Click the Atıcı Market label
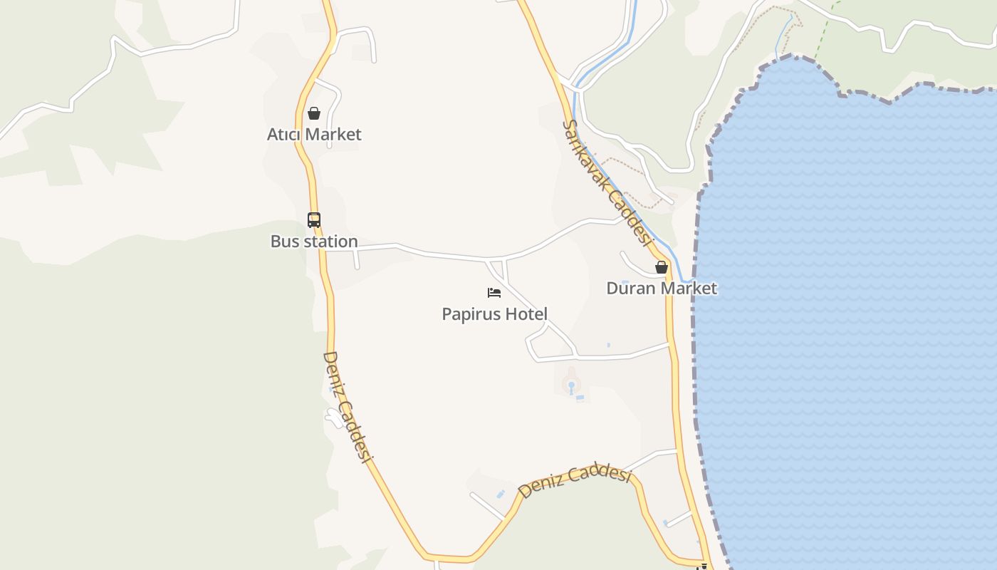(314, 135)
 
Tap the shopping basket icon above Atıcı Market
(314, 113)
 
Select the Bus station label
(314, 242)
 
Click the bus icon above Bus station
(314, 220)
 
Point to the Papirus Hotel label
(494, 314)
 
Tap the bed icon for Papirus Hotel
(494, 293)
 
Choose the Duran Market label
(662, 289)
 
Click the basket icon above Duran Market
(662, 267)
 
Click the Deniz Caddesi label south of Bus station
(348, 407)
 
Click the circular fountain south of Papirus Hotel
(570, 385)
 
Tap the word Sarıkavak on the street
(588, 153)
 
